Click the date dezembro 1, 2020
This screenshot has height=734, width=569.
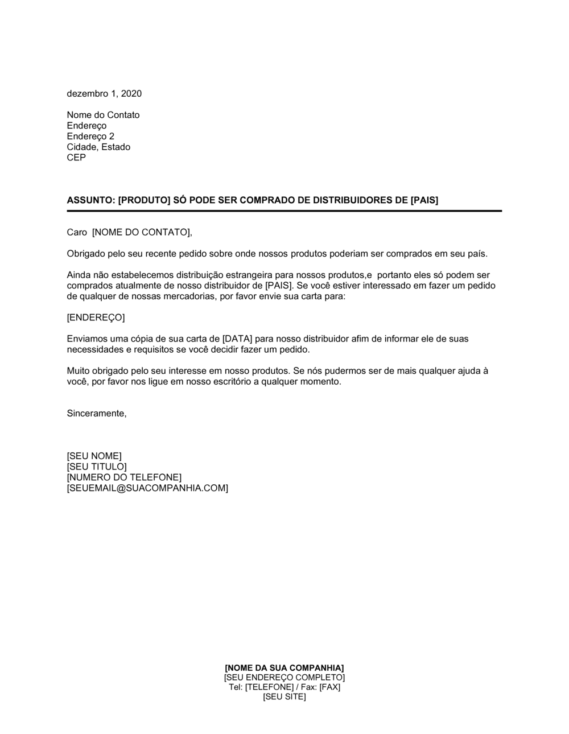tap(104, 93)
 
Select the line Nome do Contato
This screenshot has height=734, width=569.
tap(103, 115)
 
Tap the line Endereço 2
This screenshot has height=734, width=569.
tap(90, 136)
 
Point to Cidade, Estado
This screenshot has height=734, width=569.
tap(98, 147)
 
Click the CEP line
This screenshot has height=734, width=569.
tap(76, 158)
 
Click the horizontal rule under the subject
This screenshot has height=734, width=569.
tap(284, 211)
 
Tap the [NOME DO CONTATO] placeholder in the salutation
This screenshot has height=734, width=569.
tap(142, 232)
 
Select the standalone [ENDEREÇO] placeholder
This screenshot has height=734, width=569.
tap(96, 317)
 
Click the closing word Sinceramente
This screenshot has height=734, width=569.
tap(97, 413)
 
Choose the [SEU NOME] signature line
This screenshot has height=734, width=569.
tap(94, 456)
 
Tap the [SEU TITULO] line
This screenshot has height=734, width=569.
tap(97, 467)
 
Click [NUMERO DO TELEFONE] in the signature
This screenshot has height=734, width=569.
tap(124, 477)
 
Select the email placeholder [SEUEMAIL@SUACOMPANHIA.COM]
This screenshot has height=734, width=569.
tap(147, 488)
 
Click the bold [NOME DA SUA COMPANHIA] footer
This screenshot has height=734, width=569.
tap(284, 667)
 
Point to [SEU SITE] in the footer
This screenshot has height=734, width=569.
tap(284, 696)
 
